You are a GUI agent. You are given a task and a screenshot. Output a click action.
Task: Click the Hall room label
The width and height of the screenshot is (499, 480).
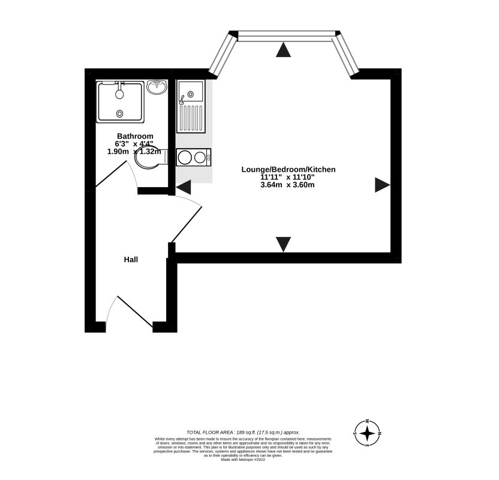click(131, 260)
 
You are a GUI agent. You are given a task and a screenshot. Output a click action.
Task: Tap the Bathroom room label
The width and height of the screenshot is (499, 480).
click(135, 136)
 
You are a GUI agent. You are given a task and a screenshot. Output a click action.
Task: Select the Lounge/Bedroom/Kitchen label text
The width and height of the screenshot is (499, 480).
click(288, 170)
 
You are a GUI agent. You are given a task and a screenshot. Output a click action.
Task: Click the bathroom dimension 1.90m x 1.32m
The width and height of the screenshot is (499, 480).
click(135, 152)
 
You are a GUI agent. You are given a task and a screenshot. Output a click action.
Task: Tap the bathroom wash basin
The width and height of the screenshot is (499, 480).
click(157, 88)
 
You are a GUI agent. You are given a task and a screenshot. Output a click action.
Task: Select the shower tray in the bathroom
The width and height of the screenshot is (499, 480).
click(121, 101)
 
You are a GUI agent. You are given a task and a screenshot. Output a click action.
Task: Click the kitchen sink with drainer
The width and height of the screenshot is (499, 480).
click(191, 106)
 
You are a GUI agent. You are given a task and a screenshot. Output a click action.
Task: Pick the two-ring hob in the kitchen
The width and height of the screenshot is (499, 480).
click(193, 157)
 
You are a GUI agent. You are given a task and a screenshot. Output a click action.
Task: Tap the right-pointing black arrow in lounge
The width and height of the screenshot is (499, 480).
click(382, 185)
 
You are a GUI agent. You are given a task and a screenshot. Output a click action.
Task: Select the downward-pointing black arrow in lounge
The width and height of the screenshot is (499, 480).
click(283, 244)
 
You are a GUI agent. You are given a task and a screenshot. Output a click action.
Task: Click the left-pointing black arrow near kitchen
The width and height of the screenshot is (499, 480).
click(183, 187)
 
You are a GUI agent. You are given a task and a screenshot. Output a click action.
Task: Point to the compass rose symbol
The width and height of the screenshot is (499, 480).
click(366, 433)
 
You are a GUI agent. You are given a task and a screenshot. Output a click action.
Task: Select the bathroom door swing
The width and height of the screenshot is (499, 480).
click(117, 174)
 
